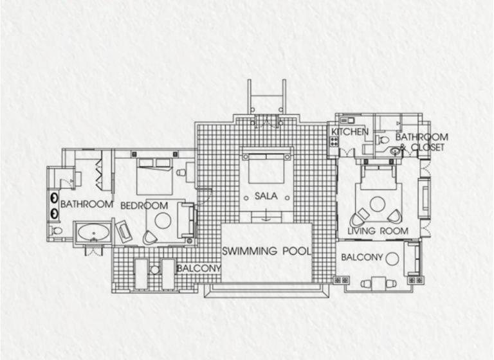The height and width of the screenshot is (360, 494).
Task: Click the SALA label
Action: pyautogui.click(x=266, y=196)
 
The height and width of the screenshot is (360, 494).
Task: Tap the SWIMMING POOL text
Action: pyautogui.click(x=266, y=251)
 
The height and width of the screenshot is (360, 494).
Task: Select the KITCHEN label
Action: pyautogui.click(x=350, y=131)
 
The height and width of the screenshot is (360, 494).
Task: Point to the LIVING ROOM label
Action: pyautogui.click(x=378, y=231)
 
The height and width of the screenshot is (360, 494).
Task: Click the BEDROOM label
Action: pyautogui.click(x=144, y=206)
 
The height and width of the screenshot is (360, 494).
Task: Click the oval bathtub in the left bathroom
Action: pyautogui.click(x=93, y=233)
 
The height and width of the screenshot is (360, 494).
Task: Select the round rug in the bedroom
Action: pyautogui.click(x=163, y=220)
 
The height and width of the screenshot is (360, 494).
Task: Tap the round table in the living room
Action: pyautogui.click(x=378, y=204)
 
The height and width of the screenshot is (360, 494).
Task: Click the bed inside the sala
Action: pyautogui.click(x=266, y=168)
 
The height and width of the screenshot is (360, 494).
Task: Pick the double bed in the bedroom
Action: pyautogui.click(x=154, y=176)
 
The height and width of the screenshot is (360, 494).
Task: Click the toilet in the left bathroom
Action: pyautogui.click(x=57, y=231)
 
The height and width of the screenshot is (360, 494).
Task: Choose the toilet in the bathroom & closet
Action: pyautogui.click(x=383, y=139)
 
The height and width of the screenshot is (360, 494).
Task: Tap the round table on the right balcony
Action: pyautogui.click(x=392, y=259)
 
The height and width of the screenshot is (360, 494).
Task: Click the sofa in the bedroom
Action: pyautogui.click(x=186, y=220)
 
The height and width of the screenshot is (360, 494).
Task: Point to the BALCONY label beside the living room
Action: pyautogui.click(x=361, y=257)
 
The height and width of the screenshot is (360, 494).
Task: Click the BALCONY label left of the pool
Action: pyautogui.click(x=199, y=268)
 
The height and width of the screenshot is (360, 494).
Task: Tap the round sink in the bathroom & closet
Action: pyautogui.click(x=395, y=151)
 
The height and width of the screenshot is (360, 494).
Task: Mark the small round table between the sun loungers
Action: pyautogui.click(x=154, y=270)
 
